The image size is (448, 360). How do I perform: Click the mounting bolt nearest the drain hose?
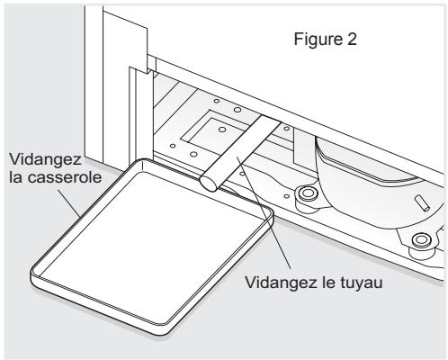pyautogui.click(x=305, y=194)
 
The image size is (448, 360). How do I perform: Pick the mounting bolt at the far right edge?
pyautogui.click(x=419, y=239)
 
